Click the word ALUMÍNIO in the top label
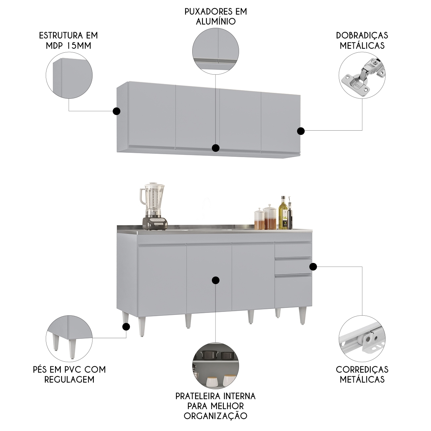[x=216, y=22]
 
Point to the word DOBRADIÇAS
[x=362, y=35]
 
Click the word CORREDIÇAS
[x=362, y=369]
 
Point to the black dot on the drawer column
[x=313, y=267]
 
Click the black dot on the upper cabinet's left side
[x=116, y=111]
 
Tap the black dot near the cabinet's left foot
[x=126, y=327]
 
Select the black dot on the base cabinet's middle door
[x=215, y=280]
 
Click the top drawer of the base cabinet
[x=293, y=250]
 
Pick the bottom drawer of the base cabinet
[x=293, y=291]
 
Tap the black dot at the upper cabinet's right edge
[x=301, y=131]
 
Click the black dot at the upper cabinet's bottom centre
[x=215, y=148]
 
